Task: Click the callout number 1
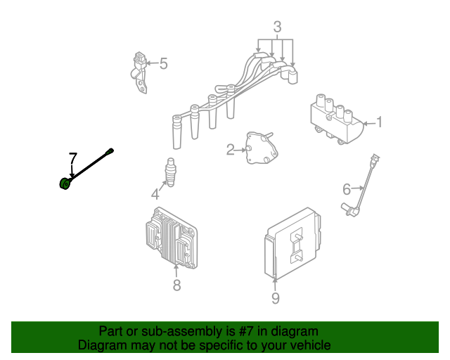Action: (380, 122)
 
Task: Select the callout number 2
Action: (230, 150)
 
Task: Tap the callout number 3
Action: (277, 27)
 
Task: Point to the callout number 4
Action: (155, 194)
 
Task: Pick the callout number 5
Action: (163, 63)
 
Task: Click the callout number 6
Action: (347, 189)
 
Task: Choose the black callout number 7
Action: (73, 158)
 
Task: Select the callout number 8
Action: (176, 285)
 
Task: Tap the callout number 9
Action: (275, 298)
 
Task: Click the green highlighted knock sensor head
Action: (65, 183)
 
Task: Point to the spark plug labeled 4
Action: (170, 172)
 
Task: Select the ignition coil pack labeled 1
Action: (337, 119)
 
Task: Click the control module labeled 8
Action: (172, 238)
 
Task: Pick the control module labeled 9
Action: (292, 243)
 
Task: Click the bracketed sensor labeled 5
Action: (139, 72)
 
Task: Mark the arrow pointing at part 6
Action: (358, 188)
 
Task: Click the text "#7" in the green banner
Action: (245, 331)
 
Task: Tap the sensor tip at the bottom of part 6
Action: (350, 210)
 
